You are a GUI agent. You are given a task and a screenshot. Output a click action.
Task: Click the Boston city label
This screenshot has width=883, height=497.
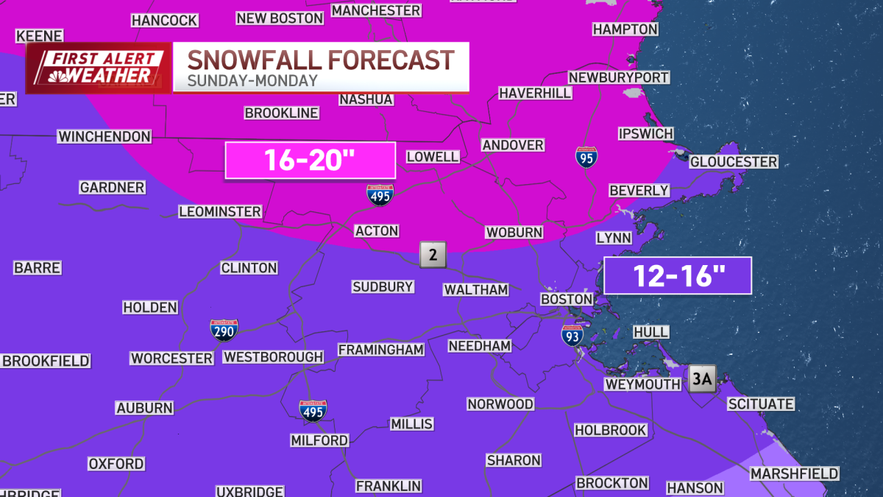click(x=567, y=299)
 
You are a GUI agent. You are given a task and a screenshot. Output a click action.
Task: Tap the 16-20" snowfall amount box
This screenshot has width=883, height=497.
click(x=311, y=161)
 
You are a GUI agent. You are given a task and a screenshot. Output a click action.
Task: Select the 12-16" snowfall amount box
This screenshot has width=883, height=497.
click(x=677, y=276)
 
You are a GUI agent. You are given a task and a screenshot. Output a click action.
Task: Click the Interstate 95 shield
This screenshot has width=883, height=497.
click(x=586, y=156)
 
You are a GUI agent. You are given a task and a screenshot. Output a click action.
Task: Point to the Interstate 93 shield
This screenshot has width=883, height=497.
click(x=572, y=336)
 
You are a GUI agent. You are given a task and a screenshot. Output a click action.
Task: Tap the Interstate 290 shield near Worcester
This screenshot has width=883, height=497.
click(x=224, y=331)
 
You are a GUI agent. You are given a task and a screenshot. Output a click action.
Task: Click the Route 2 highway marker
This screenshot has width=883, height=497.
click(x=433, y=255)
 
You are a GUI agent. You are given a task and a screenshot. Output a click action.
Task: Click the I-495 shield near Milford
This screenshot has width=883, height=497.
click(x=313, y=411)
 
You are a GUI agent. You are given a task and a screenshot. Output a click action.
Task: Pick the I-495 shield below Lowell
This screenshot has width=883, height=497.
click(x=380, y=194)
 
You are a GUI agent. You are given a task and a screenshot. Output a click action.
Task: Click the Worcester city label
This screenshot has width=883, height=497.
click(x=171, y=358)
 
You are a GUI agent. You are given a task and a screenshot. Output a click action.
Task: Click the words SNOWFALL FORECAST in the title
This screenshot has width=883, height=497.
click(x=321, y=60)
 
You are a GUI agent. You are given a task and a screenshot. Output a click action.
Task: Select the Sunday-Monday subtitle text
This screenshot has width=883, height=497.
click(x=252, y=81)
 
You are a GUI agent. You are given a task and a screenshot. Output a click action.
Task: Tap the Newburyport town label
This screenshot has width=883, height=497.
click(x=618, y=77)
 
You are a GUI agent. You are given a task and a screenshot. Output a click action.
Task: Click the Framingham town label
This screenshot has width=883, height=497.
click(x=380, y=350)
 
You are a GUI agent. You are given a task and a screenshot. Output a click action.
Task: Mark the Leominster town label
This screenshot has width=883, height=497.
click(x=220, y=211)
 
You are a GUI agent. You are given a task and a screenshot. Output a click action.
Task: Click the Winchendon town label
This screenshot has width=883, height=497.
click(x=104, y=136)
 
